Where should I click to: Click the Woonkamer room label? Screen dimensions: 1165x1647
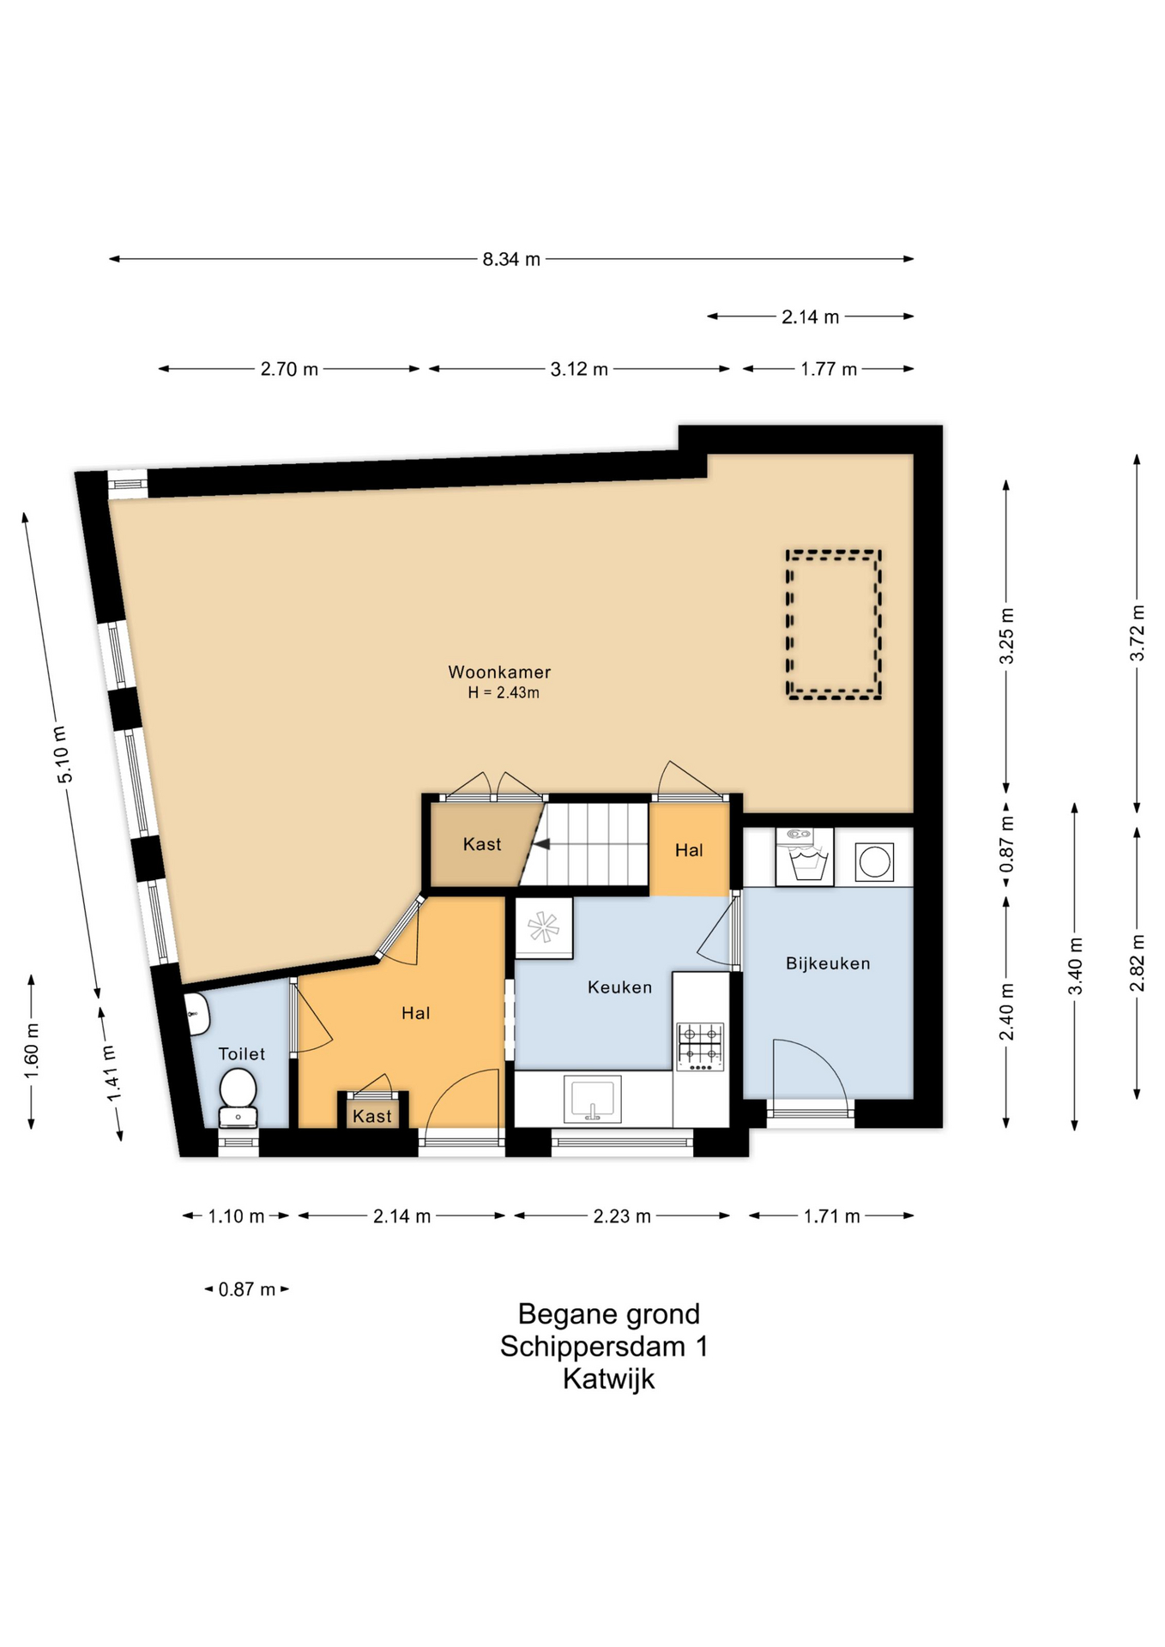499,673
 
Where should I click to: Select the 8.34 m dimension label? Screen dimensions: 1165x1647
511,259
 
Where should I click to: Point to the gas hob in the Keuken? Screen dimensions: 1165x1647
700,1046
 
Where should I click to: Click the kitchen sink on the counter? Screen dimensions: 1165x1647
592,1100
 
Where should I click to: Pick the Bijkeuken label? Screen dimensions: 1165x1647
828,963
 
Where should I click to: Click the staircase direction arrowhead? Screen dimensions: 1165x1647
541,845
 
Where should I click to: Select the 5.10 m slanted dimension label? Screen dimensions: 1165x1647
64,754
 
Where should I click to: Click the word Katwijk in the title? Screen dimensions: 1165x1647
608,1379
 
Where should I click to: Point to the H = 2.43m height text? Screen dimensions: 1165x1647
504,693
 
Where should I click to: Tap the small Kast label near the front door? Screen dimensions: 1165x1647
372,1116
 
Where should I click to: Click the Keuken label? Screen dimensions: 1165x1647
619,987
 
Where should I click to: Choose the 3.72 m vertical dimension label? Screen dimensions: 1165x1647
1138,633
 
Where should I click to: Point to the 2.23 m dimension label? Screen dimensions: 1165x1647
622,1216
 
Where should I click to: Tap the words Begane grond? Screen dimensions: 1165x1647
608,1314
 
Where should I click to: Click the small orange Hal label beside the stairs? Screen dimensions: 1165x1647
689,850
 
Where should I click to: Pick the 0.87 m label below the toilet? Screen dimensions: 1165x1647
247,1289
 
